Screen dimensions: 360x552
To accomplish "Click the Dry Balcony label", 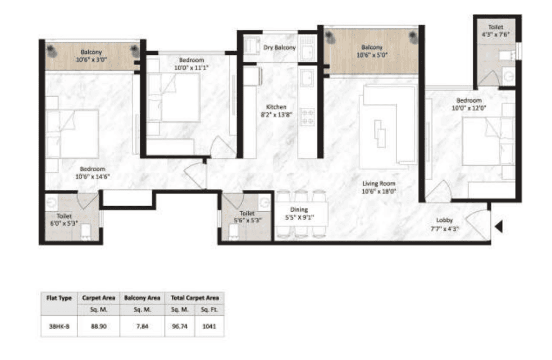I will click(279, 48).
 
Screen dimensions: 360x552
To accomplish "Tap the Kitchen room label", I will click(276, 107).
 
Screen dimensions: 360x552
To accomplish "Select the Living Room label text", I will click(378, 184).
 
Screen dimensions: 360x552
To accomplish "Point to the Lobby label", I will click(445, 220).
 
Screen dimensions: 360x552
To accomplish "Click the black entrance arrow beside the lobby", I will click(498, 227).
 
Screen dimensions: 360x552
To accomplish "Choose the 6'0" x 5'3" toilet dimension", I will click(63, 222).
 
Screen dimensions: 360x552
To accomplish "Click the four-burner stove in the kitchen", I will click(308, 116).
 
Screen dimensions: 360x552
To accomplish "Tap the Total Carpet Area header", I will click(194, 298).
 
